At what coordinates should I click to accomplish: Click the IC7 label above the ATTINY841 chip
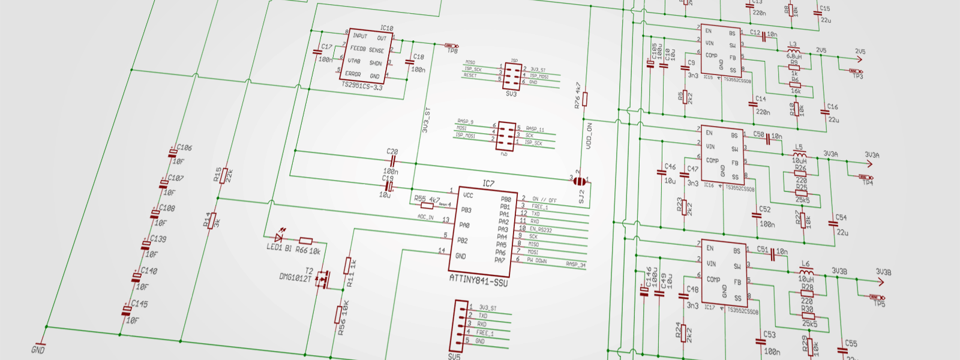(488, 184)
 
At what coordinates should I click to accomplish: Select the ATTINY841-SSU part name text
(478, 280)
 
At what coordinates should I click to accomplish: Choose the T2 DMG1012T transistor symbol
(324, 278)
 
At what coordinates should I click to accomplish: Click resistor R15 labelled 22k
(224, 175)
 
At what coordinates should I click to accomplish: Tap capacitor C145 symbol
(127, 310)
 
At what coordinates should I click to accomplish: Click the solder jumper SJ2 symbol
(580, 181)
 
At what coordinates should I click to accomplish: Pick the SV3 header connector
(512, 76)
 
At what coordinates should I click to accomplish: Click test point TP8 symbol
(451, 46)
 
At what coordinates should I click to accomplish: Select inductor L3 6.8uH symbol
(793, 50)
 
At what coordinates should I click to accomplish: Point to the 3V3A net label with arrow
(872, 155)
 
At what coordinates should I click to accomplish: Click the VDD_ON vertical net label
(589, 136)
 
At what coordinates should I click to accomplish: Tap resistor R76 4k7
(584, 99)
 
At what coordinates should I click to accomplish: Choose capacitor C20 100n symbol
(392, 161)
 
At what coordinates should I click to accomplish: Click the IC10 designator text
(386, 28)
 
